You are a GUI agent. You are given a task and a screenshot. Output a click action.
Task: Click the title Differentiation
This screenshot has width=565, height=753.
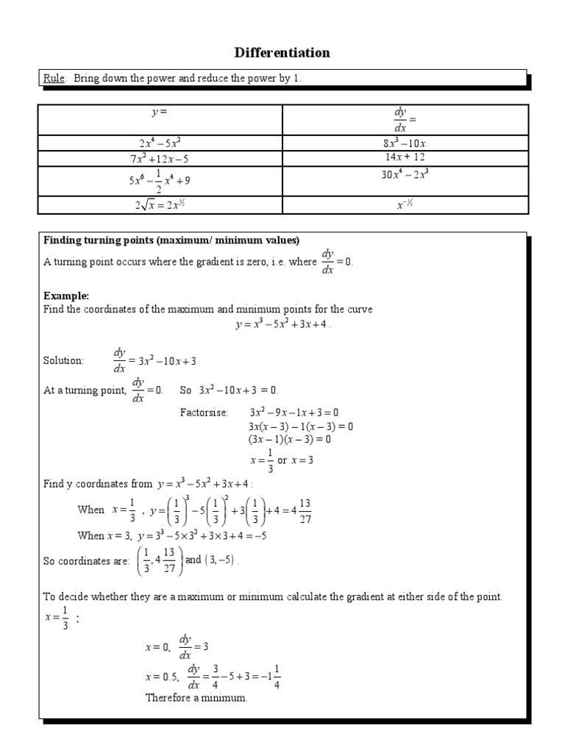click(282, 52)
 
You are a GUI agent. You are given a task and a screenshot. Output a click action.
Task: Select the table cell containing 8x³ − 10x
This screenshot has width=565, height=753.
click(405, 143)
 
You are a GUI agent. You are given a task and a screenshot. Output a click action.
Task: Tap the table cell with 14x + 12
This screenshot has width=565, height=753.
click(405, 157)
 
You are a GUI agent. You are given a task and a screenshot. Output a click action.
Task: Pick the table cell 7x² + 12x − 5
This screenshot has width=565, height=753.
click(160, 158)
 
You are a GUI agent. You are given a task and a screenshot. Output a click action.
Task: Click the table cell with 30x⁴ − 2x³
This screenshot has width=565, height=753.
click(405, 176)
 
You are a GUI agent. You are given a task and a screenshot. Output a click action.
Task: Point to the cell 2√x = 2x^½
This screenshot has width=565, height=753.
click(160, 205)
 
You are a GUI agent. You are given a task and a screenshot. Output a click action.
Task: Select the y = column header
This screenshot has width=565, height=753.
click(160, 112)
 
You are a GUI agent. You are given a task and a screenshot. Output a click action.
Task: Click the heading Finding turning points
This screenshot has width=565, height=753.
click(171, 240)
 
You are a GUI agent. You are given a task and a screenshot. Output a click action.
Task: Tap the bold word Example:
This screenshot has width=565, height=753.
click(66, 296)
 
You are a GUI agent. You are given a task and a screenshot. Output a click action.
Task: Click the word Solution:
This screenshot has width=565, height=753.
click(64, 360)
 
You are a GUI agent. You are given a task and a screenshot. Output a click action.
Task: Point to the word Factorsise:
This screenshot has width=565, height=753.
click(205, 412)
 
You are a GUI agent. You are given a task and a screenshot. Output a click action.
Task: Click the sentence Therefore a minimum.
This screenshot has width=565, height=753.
click(196, 697)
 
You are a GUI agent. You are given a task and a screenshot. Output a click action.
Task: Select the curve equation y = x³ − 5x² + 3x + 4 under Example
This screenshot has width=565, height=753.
click(282, 324)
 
